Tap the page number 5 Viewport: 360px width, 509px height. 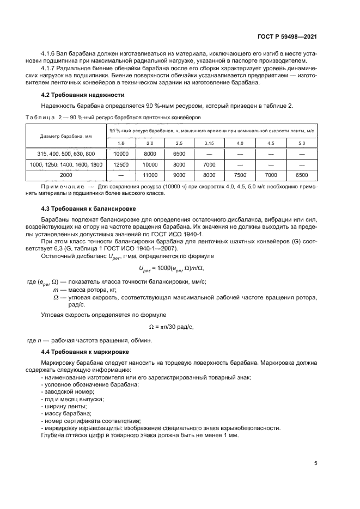[316, 463]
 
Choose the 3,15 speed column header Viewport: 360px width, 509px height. [209, 143]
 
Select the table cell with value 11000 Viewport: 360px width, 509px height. [150, 175]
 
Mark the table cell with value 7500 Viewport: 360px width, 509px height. [239, 175]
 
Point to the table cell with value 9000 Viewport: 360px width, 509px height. [179, 175]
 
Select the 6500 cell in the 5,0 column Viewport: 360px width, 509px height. [301, 175]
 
